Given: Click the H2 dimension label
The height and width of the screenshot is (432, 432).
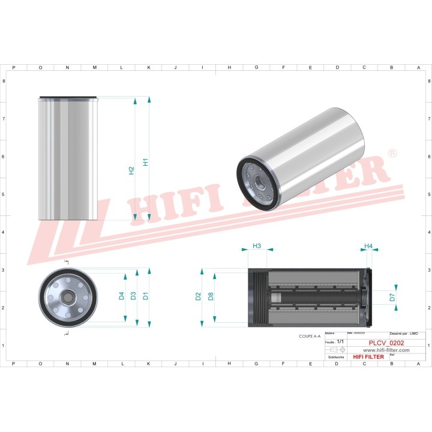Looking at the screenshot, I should (131, 170).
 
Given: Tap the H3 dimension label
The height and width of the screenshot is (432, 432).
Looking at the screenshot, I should (256, 246).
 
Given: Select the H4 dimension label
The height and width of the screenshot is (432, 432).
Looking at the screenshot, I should (368, 246).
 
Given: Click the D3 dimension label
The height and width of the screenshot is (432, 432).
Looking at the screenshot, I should (133, 295).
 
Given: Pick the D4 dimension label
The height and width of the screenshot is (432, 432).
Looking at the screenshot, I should (121, 295).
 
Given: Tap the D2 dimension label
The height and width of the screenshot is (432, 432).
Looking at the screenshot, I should (198, 296).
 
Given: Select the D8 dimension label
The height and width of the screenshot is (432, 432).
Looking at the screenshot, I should (211, 296).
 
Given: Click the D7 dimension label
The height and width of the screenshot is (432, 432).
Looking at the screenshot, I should (392, 296).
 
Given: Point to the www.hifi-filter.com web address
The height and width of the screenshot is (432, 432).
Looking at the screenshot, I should (386, 350).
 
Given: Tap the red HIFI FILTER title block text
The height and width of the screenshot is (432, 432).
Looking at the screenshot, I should (368, 357).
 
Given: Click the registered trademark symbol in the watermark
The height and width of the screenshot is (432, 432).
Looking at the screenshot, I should (392, 154).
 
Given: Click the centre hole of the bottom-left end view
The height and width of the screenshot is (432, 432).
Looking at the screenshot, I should (67, 296).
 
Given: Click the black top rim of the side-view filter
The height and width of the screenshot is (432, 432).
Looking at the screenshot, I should (67, 97).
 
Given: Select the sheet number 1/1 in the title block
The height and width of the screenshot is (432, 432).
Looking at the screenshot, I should (340, 341).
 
